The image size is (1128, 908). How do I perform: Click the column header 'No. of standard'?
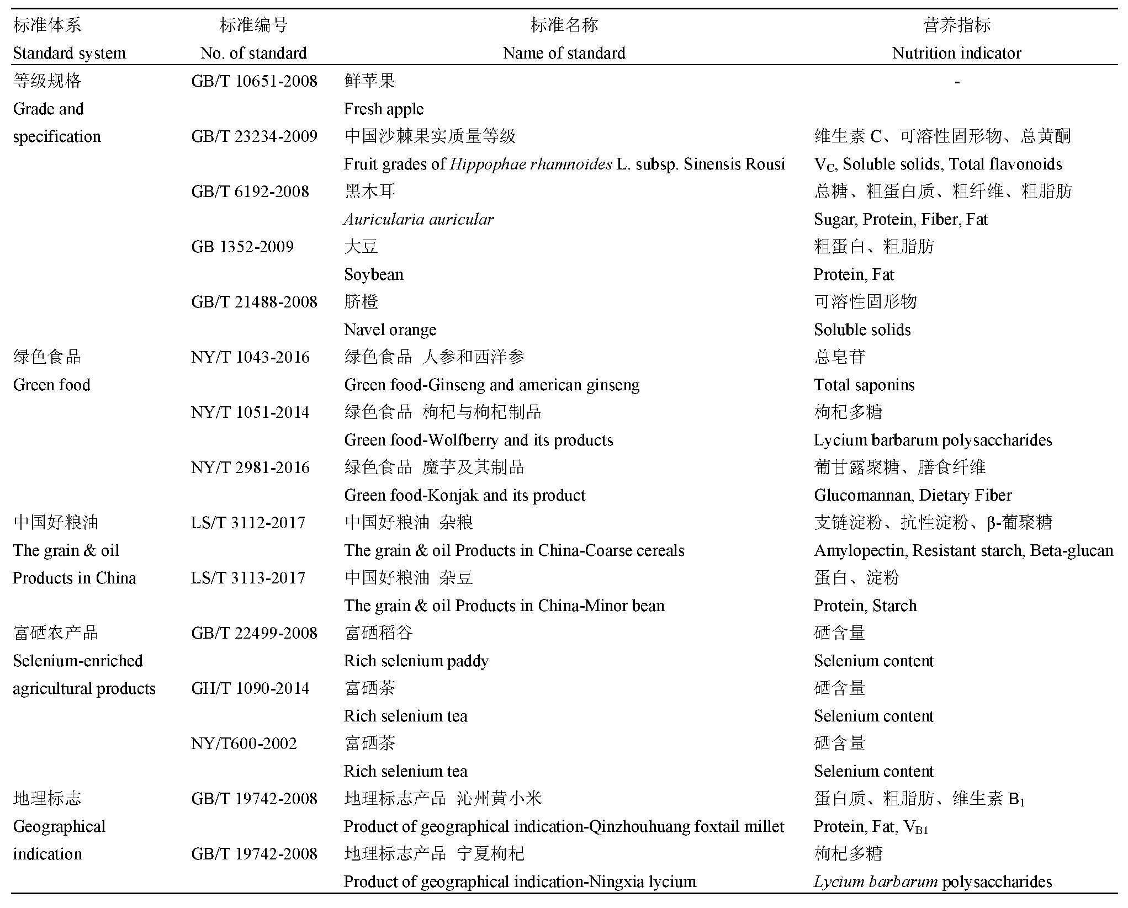click(x=253, y=53)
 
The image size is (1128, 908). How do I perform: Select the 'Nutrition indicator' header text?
click(x=956, y=53)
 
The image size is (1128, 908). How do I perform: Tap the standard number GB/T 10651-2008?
click(x=254, y=81)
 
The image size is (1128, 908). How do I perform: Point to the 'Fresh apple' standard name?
click(x=383, y=109)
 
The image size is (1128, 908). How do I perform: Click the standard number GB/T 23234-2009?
click(x=254, y=136)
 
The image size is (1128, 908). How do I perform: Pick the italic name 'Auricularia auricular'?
click(x=419, y=219)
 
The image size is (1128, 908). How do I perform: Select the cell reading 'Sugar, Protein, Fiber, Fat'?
click(x=901, y=219)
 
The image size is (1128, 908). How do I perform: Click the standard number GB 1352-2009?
click(x=242, y=247)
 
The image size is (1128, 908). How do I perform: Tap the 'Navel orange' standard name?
click(x=390, y=330)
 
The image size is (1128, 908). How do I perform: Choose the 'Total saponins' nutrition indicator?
click(x=864, y=385)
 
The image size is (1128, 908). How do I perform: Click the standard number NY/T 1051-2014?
click(x=250, y=412)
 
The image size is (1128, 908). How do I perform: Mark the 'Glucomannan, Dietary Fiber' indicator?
click(x=913, y=495)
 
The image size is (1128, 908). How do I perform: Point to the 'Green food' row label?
click(x=51, y=385)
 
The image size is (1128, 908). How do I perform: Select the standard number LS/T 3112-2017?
click(x=248, y=523)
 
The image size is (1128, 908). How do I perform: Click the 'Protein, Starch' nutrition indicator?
click(x=865, y=606)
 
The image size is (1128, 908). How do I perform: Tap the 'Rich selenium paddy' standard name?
click(x=416, y=661)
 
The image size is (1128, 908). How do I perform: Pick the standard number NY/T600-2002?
click(x=244, y=744)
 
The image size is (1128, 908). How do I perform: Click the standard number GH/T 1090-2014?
click(x=250, y=688)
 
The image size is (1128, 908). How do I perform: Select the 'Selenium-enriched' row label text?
click(x=78, y=661)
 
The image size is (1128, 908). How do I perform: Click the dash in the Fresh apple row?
click(x=957, y=82)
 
